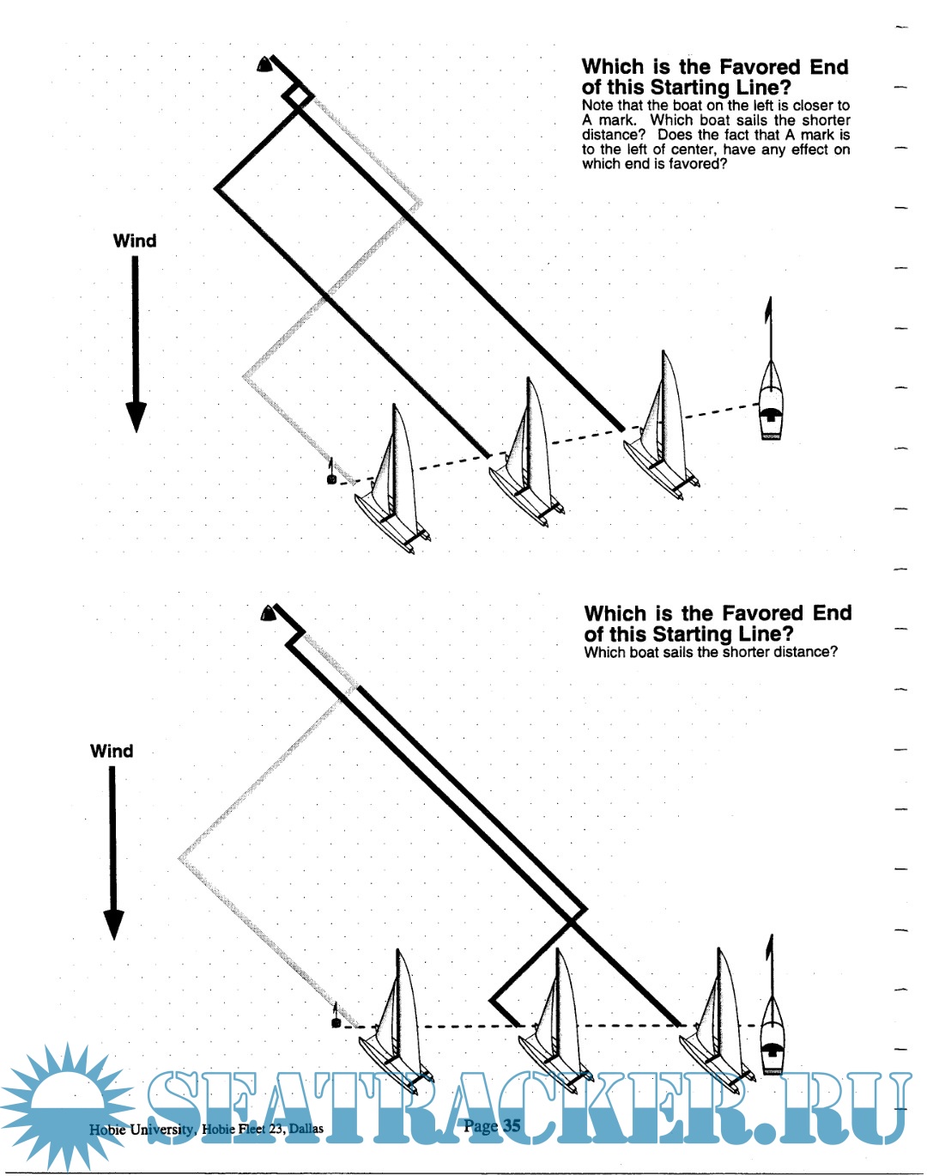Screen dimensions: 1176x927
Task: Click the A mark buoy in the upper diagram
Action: coord(265,64)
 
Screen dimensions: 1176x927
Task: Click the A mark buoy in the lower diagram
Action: coord(268,612)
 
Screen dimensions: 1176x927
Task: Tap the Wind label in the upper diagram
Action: coord(135,241)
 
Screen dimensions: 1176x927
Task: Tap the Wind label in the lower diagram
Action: coord(112,751)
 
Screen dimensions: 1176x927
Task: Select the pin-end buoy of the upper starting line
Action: coord(332,478)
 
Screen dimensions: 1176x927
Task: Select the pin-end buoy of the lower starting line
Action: coord(336,1022)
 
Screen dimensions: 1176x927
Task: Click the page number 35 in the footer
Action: coord(512,1125)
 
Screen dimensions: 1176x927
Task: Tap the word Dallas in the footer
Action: coord(306,1129)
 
